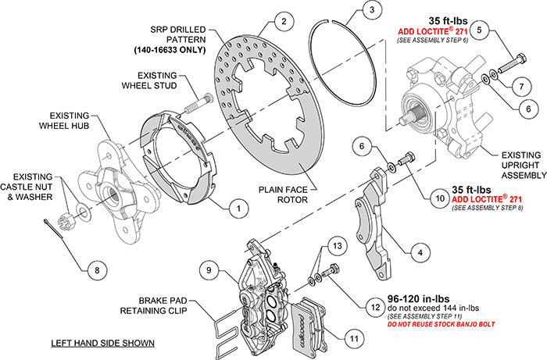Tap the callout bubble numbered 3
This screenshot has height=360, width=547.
(x=374, y=11)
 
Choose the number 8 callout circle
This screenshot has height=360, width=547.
(x=96, y=271)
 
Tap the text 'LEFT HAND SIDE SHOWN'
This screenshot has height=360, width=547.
(x=102, y=343)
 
